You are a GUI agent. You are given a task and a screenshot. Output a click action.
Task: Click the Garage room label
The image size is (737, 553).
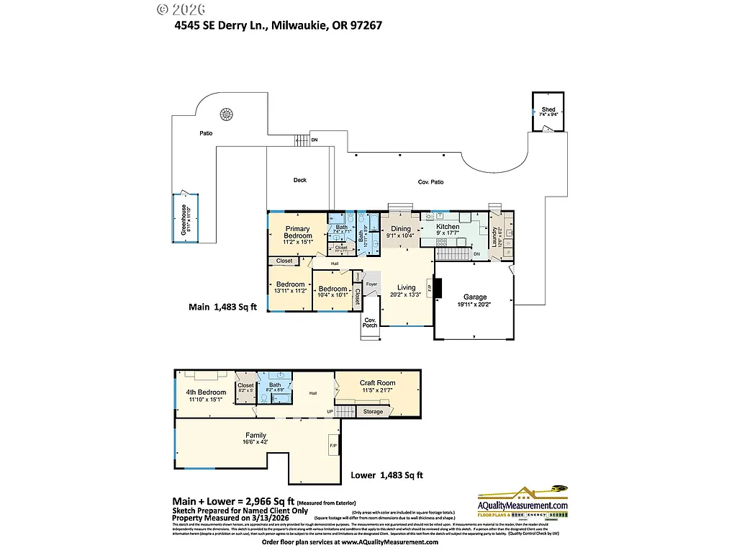474,297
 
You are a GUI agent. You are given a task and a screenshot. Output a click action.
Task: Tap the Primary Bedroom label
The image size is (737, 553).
297,232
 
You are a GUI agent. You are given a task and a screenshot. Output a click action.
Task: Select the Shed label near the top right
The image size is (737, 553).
548,109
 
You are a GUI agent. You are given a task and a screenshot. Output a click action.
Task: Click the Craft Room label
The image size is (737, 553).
377,383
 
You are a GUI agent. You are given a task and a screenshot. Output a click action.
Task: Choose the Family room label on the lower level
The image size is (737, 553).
256,435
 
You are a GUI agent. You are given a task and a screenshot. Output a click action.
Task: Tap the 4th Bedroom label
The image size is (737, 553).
206,392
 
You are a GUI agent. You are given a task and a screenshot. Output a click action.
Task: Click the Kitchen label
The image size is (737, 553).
448,227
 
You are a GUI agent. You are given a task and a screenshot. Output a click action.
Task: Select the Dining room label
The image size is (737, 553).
400,229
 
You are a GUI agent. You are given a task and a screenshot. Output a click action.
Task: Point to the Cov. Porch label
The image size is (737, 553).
370,322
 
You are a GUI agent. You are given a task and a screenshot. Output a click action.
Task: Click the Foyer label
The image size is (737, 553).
371,284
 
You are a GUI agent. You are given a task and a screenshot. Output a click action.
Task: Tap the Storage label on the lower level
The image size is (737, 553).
373,412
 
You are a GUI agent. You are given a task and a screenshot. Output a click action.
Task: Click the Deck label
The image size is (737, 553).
299,180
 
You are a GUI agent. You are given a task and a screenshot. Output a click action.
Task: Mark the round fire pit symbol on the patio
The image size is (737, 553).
227,114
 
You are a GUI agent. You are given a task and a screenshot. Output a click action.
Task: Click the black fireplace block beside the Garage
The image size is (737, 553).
439,288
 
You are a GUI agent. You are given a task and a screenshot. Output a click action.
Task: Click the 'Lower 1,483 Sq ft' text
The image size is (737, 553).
386,475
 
